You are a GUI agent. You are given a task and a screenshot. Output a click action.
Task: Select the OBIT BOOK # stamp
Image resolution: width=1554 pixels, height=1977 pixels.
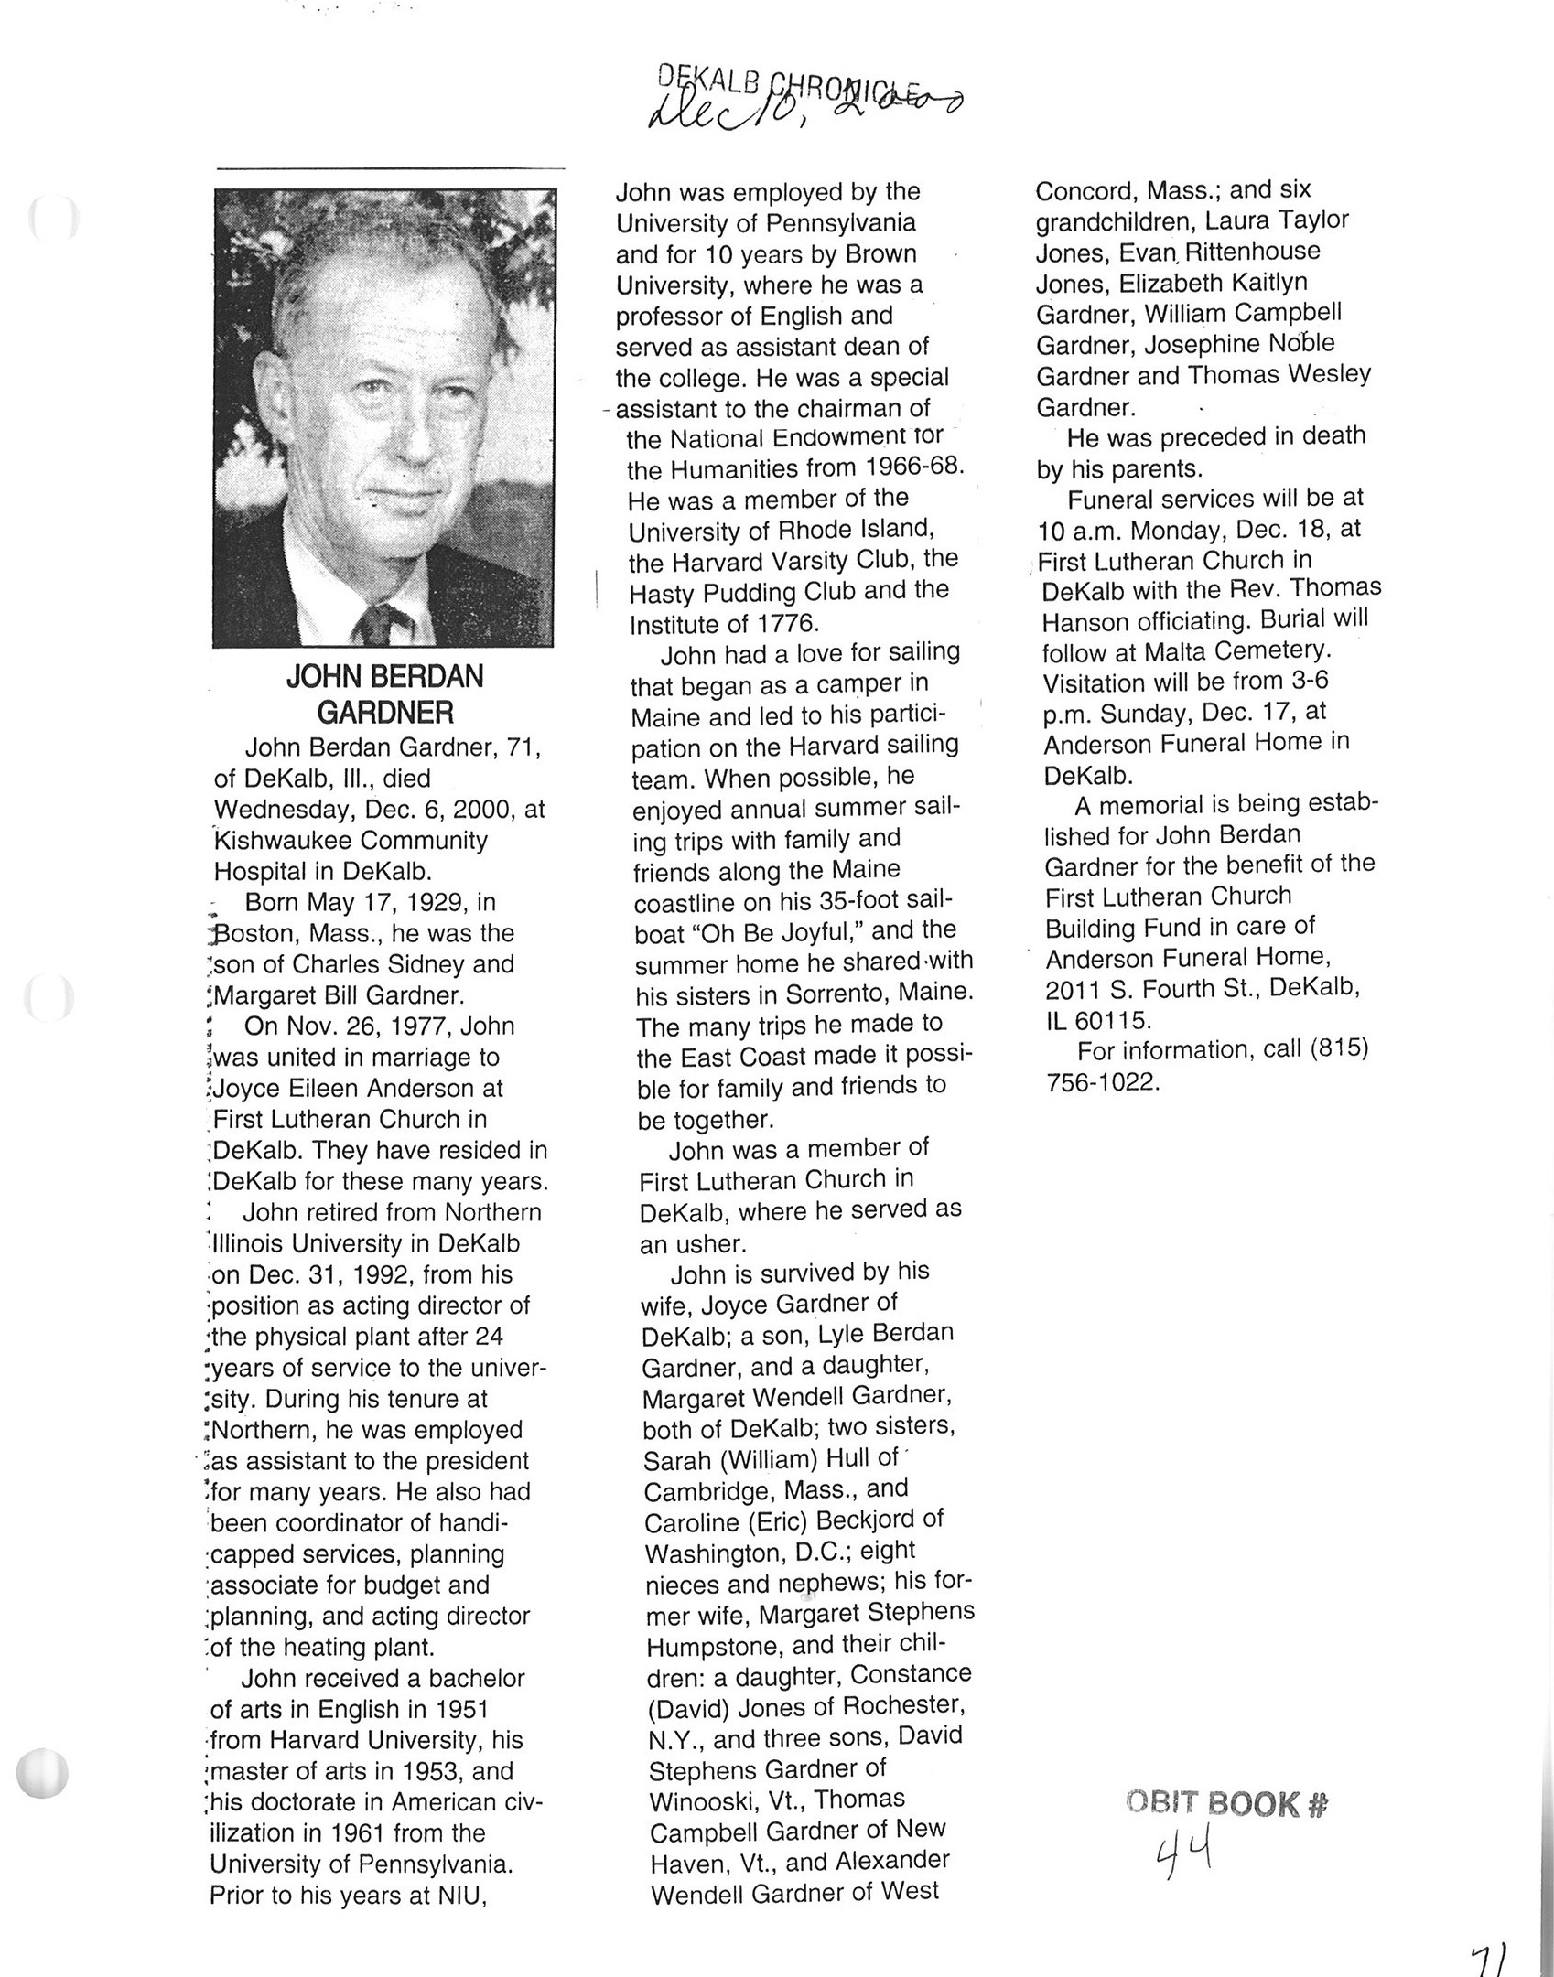tap(1227, 1804)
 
